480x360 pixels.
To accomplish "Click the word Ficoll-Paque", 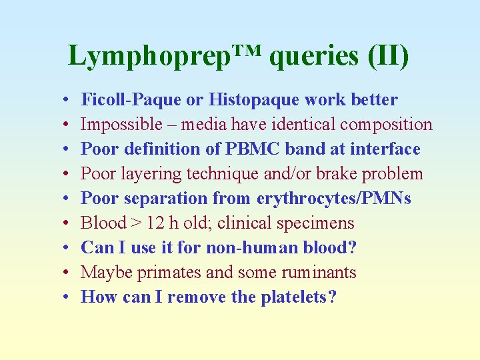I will (131, 100).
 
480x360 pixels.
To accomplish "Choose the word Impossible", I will (121, 125).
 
